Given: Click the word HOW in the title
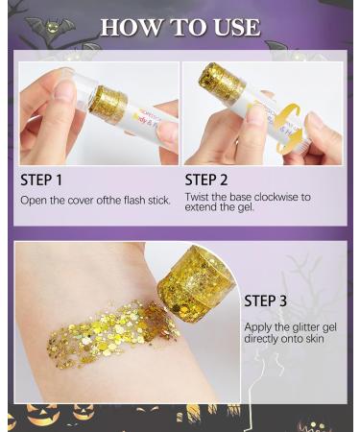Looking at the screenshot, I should point(128,27).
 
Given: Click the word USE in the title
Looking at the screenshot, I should point(232,27).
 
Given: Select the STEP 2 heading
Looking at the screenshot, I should point(213,180).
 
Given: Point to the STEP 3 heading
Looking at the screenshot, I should point(265,300).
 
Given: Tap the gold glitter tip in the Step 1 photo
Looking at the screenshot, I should point(108,104).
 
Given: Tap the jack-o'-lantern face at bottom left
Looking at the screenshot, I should point(42,415).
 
